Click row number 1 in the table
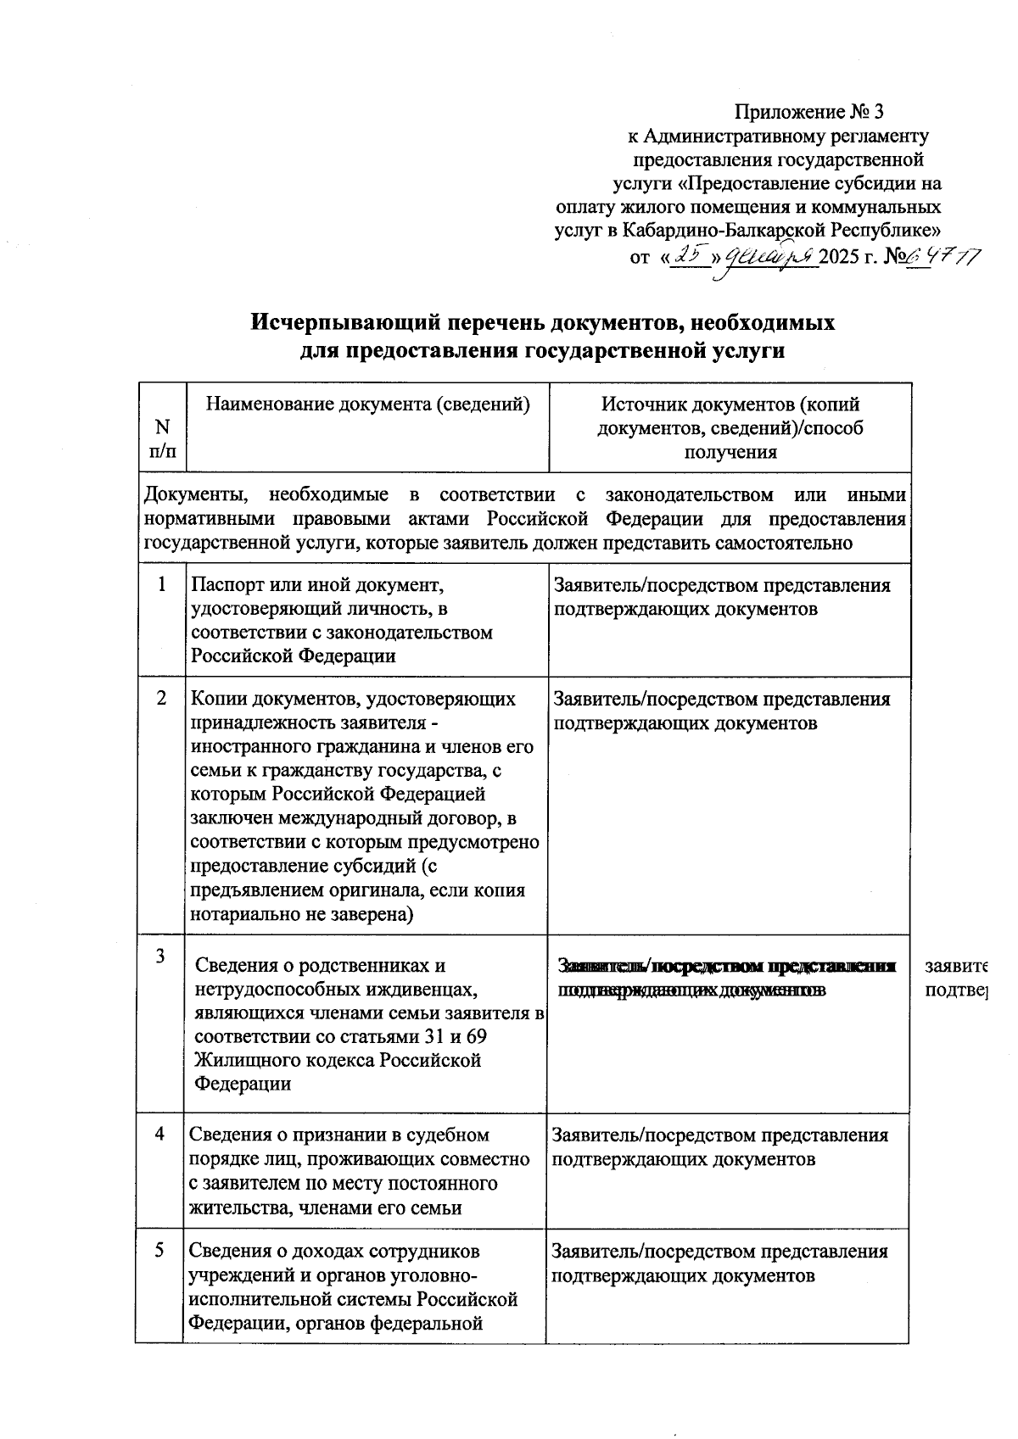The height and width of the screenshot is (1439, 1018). (161, 584)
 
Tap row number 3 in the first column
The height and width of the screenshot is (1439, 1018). (160, 957)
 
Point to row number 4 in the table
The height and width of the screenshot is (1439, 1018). (160, 1135)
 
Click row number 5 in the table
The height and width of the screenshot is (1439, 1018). (160, 1251)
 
